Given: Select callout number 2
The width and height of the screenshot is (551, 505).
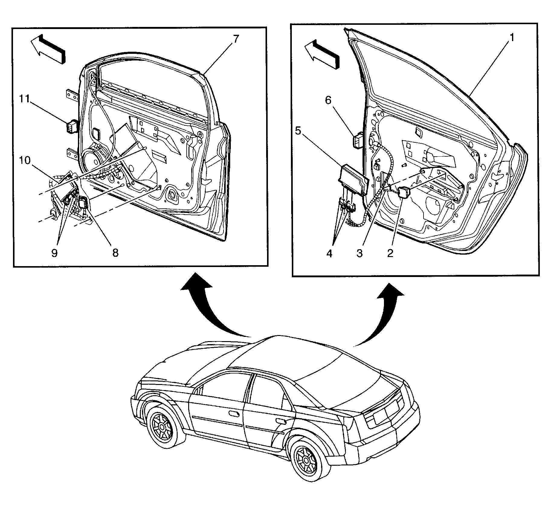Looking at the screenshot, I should (x=390, y=253).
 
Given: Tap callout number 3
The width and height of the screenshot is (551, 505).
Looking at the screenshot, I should (x=359, y=253).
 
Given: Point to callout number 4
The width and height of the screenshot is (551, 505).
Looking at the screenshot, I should (x=329, y=253).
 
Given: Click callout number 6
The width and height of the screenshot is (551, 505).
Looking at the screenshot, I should (x=328, y=100).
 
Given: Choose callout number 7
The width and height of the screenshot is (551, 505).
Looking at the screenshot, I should (x=236, y=39).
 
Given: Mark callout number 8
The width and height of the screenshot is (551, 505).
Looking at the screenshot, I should (x=115, y=253).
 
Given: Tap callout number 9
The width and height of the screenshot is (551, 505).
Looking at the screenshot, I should (x=54, y=253).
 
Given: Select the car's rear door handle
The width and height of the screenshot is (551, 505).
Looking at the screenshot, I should (x=281, y=421).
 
